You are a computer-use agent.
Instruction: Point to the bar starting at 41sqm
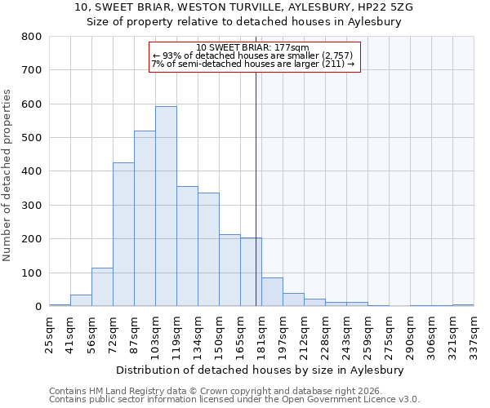click(x=81, y=300)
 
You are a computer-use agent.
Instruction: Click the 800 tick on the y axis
click(x=31, y=37)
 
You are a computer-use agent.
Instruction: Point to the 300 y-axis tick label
click(x=31, y=206)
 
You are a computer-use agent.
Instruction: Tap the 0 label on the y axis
click(x=38, y=307)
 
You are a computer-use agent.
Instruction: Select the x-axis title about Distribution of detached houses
click(x=261, y=370)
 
